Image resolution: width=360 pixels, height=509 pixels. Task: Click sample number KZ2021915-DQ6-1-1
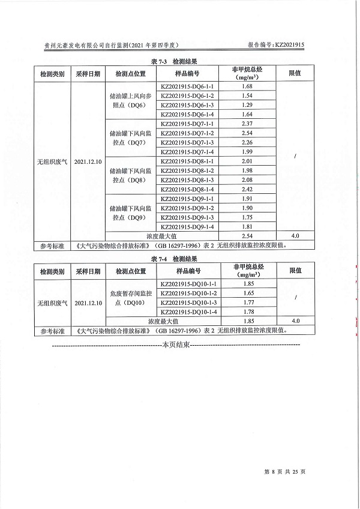(x=187, y=86)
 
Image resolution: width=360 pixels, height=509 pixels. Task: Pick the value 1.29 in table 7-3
(x=247, y=105)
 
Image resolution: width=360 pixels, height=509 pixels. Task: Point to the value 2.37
(x=247, y=124)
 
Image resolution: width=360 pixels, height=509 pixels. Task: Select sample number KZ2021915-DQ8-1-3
(x=187, y=180)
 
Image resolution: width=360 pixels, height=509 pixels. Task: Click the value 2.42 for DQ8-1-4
(x=247, y=189)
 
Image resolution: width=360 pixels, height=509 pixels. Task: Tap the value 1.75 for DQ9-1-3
(x=247, y=217)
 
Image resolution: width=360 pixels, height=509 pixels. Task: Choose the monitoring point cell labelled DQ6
(x=130, y=100)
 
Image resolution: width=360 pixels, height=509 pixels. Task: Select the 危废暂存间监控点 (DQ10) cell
(x=130, y=297)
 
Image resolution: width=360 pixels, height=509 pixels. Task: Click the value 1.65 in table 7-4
(x=247, y=293)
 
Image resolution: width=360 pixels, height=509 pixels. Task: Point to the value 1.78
(x=247, y=312)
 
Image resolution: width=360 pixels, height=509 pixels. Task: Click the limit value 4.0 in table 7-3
(x=295, y=236)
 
